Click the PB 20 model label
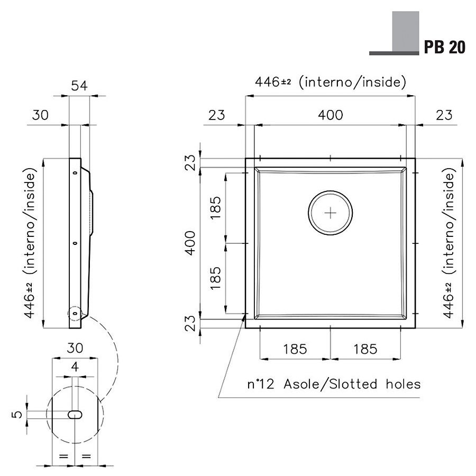pyautogui.click(x=444, y=48)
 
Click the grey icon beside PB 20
pyautogui.click(x=395, y=33)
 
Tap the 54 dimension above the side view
pyautogui.click(x=79, y=86)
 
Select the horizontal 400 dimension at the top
pyautogui.click(x=330, y=115)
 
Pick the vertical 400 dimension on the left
pyautogui.click(x=190, y=243)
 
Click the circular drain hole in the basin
pyautogui.click(x=330, y=213)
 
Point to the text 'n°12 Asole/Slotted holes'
pyautogui.click(x=334, y=384)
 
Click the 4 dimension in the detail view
pyautogui.click(x=75, y=367)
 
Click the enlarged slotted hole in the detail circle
pyautogui.click(x=75, y=415)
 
